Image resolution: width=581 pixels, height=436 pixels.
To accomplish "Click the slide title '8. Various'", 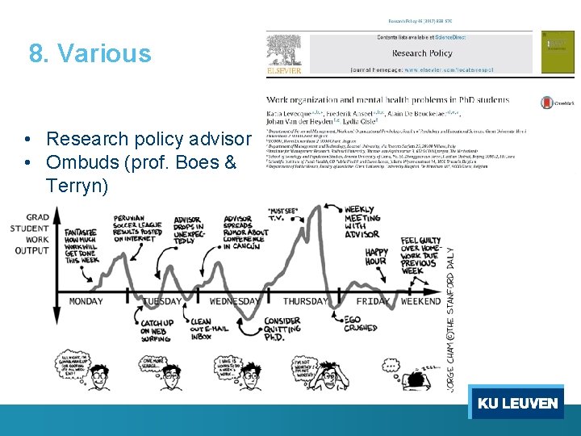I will point(90,53).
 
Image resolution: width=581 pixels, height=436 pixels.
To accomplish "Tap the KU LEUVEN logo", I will point(517,403).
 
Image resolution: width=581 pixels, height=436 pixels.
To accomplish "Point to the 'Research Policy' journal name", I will point(421,53).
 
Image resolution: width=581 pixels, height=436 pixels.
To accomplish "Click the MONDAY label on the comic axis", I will point(86,301).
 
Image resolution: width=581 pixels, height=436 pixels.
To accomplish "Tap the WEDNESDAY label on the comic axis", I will point(234,301).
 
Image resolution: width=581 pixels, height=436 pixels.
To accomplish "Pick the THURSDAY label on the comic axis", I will point(306,301).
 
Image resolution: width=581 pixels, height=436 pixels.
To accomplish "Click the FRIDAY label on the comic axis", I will point(374,301).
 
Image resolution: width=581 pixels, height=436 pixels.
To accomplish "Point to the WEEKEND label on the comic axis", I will point(421,301).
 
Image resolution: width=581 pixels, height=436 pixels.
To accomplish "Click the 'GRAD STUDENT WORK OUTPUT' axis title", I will point(32,233).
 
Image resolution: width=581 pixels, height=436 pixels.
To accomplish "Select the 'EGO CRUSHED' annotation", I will point(361,325).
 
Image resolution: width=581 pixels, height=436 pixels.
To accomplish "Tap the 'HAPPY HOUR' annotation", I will point(375,257).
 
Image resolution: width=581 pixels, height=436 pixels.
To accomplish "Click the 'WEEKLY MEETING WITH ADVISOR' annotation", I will point(362,221).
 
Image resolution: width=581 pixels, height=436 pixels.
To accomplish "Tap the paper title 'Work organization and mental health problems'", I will point(387,100).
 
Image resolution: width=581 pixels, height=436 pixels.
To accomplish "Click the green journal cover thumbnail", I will point(558,53).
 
